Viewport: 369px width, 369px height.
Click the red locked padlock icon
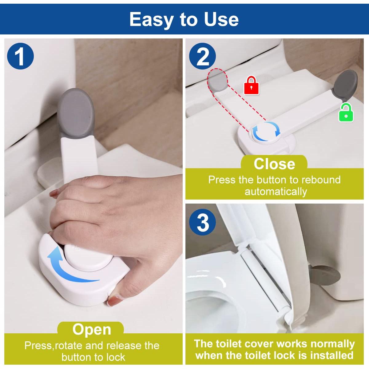(x=251, y=85)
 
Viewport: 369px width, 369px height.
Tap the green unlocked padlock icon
(x=346, y=113)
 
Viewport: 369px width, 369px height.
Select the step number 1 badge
(x=20, y=56)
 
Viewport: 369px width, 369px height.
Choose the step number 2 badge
(x=202, y=56)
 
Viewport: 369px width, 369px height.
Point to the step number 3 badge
(x=202, y=222)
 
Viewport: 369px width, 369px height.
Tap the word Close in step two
(x=274, y=164)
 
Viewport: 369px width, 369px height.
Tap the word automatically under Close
(x=276, y=192)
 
